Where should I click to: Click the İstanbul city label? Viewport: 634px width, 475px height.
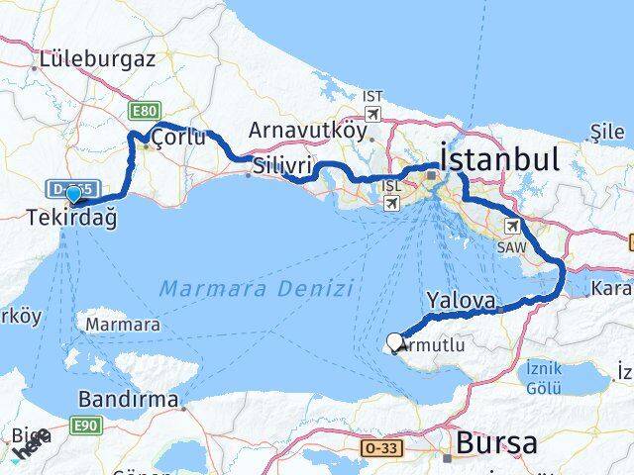coord(499,158)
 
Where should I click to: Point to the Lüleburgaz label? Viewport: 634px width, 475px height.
coord(96,59)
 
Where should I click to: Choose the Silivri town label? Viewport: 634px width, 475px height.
coord(282,164)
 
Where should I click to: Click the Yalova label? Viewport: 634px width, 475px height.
coord(461,298)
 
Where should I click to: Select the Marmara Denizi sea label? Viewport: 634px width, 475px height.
coord(255,288)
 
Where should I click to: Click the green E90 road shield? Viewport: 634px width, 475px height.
coord(87,424)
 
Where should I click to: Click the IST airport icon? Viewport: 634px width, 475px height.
coord(372,113)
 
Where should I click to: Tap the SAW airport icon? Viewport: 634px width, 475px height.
coord(512,226)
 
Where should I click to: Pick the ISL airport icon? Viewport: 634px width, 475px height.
coord(391,202)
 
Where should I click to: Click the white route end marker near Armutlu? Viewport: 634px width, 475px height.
coord(395,342)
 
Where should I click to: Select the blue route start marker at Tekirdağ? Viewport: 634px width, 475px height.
coord(73,194)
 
